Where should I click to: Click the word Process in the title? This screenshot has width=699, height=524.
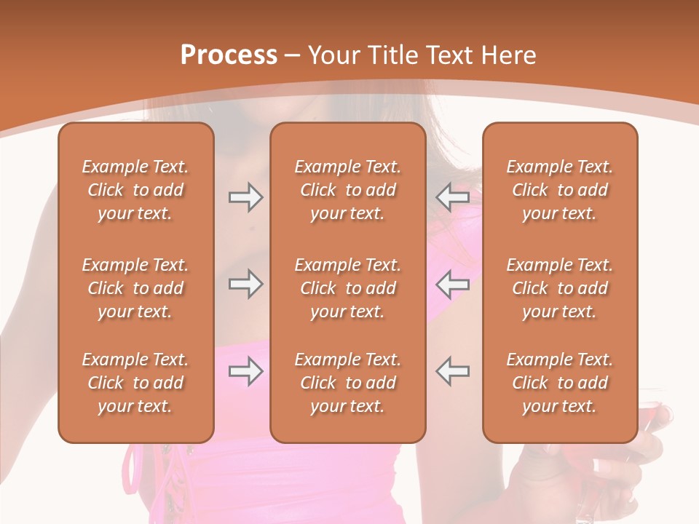pos(229,55)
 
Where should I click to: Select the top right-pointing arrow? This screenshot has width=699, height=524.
pos(245,197)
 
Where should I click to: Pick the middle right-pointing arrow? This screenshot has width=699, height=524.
pos(245,285)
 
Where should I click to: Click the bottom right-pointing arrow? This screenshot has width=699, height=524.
pos(245,372)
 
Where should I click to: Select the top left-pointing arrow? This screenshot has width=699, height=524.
pos(453,197)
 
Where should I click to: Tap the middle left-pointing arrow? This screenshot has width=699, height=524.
pos(453,285)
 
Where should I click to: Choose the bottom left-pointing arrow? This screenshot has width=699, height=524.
pos(453,372)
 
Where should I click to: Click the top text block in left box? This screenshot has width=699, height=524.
pos(135,190)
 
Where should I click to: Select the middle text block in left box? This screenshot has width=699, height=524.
pos(135,288)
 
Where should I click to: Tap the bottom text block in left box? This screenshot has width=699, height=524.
pos(135,383)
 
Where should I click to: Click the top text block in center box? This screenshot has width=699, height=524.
pos(347,190)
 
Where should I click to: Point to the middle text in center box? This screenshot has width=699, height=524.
pos(347,288)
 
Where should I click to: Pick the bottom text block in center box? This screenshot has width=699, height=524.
pos(347,383)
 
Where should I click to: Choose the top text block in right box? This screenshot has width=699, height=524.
pos(560,190)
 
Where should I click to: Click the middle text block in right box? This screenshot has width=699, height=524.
pos(560,288)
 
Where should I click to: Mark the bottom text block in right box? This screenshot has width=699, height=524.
pos(560,383)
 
